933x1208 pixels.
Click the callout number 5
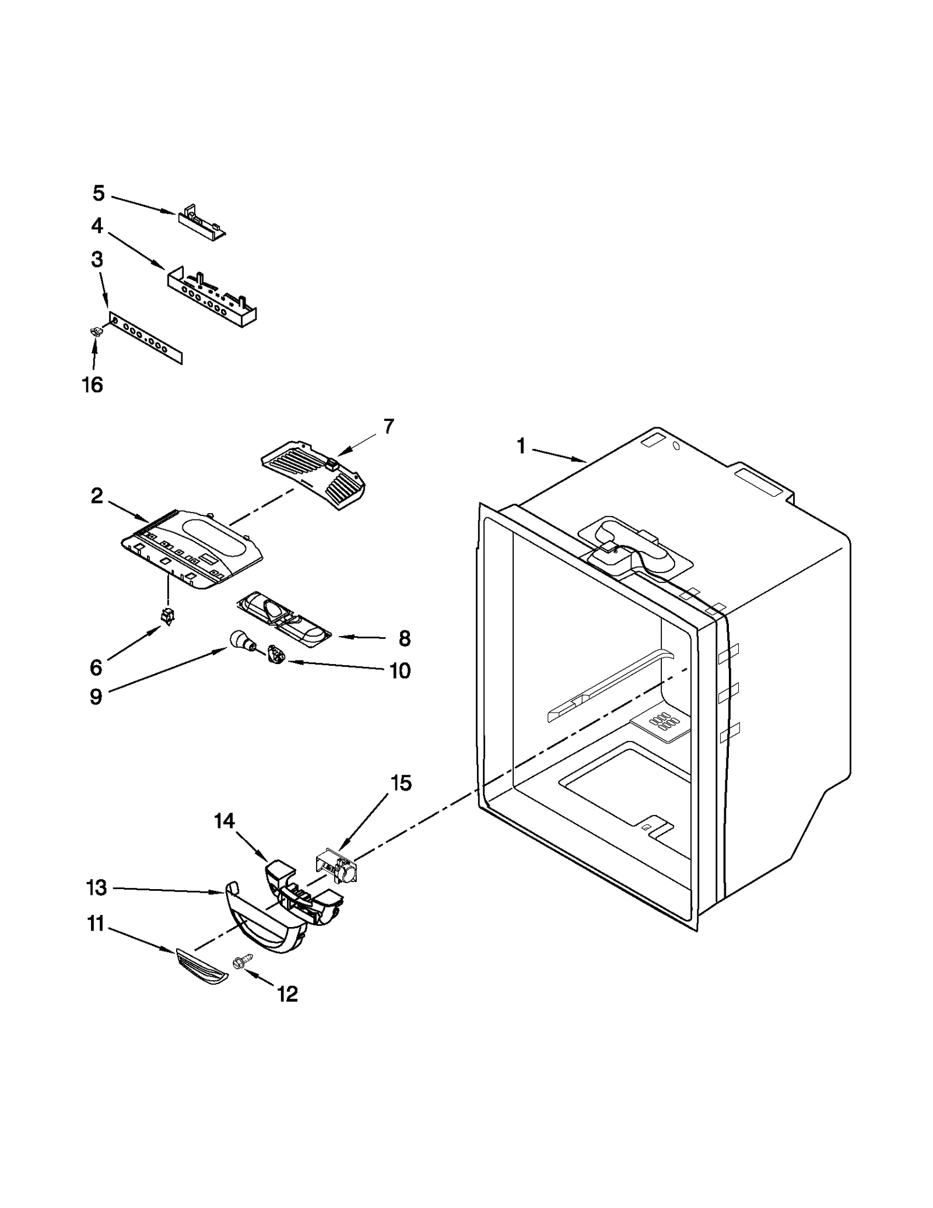(99, 193)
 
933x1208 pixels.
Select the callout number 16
(92, 385)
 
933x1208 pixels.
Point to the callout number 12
(287, 993)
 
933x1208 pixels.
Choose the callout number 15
(401, 783)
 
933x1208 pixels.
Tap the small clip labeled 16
(93, 332)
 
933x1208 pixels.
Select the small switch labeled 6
(168, 617)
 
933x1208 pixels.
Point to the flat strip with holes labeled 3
(146, 338)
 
